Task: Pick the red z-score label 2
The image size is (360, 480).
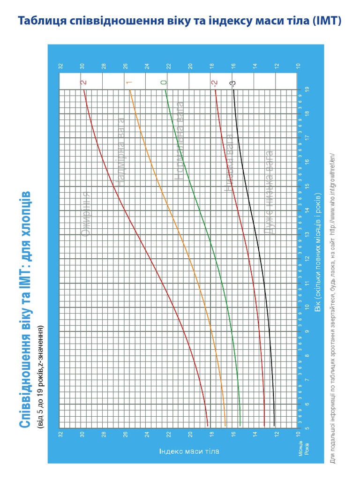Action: click(x=84, y=82)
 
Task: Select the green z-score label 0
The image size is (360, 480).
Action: click(x=164, y=82)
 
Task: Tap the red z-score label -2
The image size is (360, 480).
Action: click(x=214, y=83)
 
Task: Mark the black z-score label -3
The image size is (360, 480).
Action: click(x=233, y=83)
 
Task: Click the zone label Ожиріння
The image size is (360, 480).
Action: click(x=86, y=214)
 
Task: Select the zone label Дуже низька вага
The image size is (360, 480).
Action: click(x=270, y=192)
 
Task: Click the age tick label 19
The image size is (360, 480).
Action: click(x=307, y=89)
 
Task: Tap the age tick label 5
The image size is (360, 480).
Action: click(x=307, y=428)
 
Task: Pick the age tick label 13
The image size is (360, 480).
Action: click(x=307, y=234)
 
